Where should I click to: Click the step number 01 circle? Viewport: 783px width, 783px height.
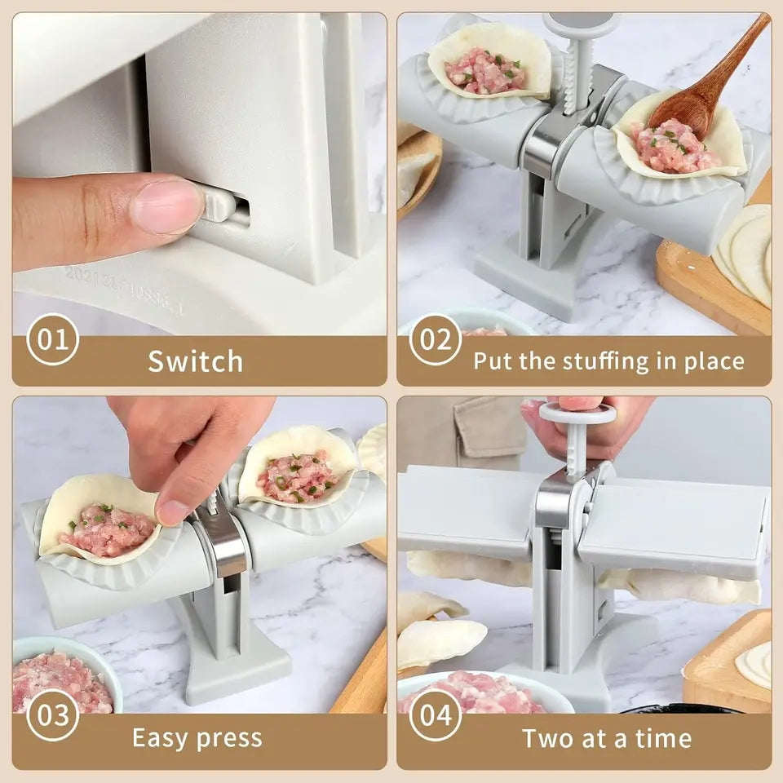[x=53, y=339]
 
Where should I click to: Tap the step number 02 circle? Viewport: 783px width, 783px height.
[x=435, y=339]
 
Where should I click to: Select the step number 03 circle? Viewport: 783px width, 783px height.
[x=53, y=715]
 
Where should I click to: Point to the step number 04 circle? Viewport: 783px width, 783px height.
[x=435, y=715]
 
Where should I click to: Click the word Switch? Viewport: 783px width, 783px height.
[x=196, y=361]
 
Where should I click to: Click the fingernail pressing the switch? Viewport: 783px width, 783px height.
[x=166, y=206]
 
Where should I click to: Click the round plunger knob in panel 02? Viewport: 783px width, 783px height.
[x=582, y=25]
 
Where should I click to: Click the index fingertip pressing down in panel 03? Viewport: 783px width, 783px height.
[x=174, y=511]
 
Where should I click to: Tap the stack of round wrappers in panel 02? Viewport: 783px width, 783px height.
[x=746, y=253]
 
